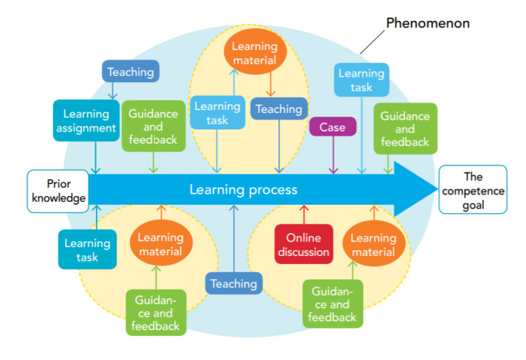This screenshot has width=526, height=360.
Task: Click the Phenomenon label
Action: (428, 23)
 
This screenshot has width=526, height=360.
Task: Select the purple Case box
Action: (333, 127)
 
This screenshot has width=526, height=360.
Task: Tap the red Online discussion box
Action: (303, 244)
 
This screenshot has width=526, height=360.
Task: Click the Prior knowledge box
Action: (58, 190)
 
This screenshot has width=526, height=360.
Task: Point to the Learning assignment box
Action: (86, 121)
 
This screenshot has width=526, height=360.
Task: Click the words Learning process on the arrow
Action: (243, 190)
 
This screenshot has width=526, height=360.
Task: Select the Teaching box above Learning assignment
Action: (130, 71)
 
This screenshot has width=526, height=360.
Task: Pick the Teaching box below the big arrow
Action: (234, 283)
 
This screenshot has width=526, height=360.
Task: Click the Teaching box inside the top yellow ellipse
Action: (279, 109)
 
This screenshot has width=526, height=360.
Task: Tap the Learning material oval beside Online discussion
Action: (373, 244)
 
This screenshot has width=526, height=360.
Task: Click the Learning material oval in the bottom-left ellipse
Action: (160, 244)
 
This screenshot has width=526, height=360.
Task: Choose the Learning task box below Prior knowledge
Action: (87, 249)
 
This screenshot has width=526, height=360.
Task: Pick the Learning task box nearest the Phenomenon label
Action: (361, 79)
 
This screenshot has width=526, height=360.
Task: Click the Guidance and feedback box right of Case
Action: (405, 128)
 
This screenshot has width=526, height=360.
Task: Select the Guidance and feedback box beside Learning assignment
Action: (153, 127)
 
